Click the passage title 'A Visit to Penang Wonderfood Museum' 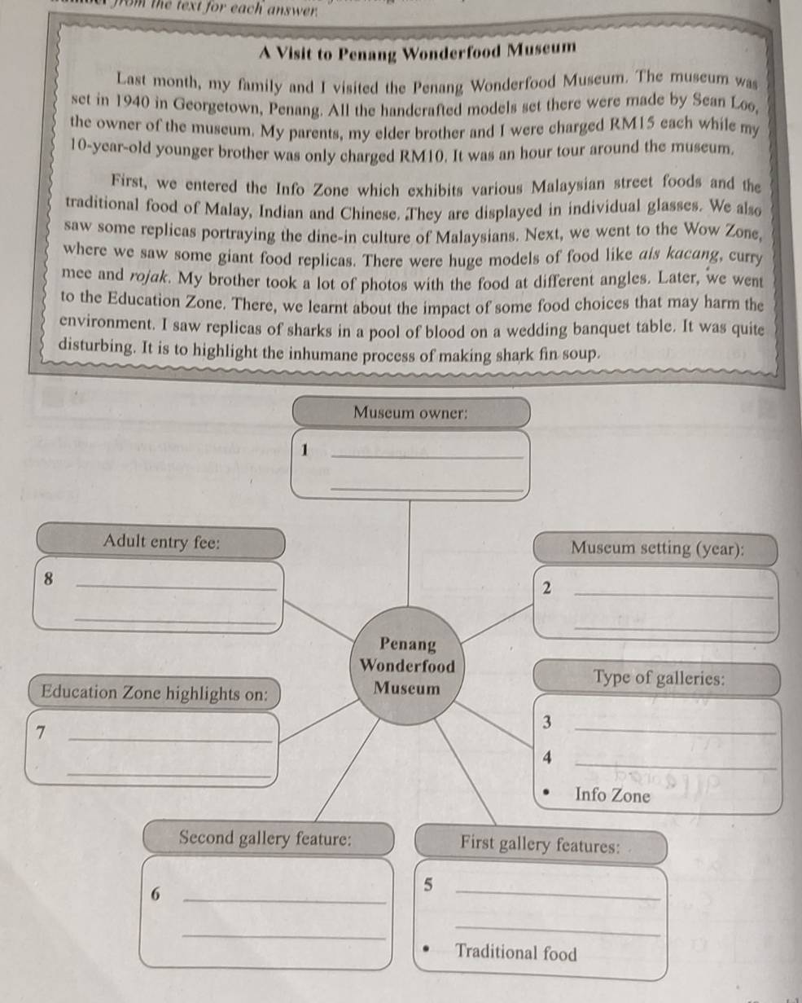(417, 51)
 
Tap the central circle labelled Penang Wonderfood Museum (407, 666)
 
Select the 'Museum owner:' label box (410, 412)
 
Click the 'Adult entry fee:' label (161, 542)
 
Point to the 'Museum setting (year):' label (656, 548)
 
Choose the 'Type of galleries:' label (659, 678)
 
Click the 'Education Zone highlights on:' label (155, 693)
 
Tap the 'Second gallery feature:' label (266, 838)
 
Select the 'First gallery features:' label (540, 844)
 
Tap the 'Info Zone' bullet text (612, 795)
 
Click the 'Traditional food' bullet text (516, 952)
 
